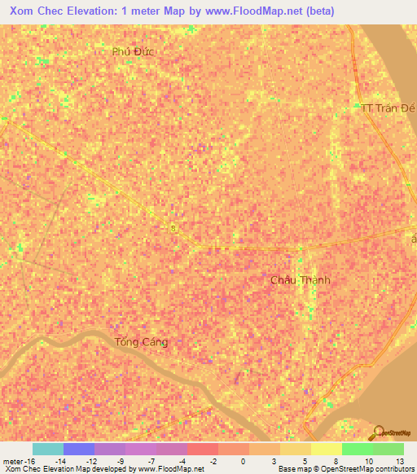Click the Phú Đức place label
click(134, 50)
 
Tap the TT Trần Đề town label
click(388, 108)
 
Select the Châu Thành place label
click(301, 280)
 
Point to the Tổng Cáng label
click(142, 342)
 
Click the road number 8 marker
click(173, 229)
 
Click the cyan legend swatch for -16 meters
click(47, 449)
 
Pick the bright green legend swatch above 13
click(388, 449)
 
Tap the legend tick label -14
click(60, 461)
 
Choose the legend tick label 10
click(368, 461)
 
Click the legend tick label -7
click(153, 461)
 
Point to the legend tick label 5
click(305, 461)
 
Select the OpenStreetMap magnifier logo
click(379, 432)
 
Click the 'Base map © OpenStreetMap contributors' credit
click(345, 469)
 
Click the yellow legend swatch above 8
click(327, 449)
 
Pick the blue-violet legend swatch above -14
click(78, 449)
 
